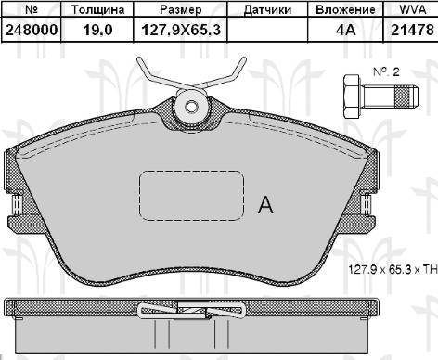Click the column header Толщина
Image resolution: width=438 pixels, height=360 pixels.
pos(91,10)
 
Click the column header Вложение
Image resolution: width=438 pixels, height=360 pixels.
pos(346,10)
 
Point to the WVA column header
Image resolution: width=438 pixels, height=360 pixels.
pos(409,10)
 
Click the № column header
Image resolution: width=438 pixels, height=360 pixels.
pos(30,10)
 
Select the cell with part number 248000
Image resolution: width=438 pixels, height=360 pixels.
pos(30,31)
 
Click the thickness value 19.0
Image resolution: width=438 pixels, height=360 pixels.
pos(91,31)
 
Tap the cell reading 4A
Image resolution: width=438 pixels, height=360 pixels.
pos(346,31)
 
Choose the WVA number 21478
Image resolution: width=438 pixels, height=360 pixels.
pos(409,31)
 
